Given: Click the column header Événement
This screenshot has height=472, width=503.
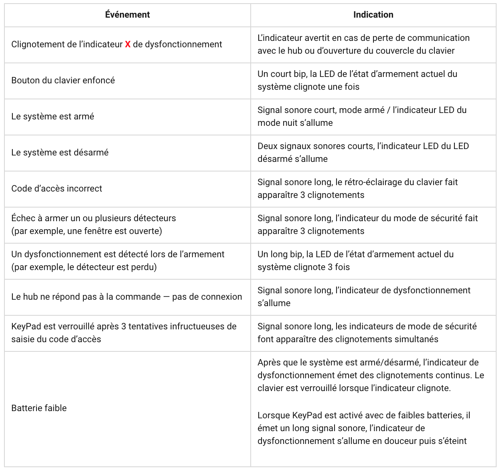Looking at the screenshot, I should [127, 15].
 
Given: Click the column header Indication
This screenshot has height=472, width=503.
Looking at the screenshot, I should [373, 15].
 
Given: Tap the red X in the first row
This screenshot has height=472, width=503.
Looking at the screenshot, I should [128, 44].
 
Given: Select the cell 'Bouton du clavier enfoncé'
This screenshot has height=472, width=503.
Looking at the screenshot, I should [63, 81].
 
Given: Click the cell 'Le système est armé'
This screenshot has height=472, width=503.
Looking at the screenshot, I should [53, 117].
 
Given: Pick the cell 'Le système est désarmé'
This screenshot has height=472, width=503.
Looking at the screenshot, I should [60, 153].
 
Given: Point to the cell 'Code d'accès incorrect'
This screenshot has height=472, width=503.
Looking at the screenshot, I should [57, 189].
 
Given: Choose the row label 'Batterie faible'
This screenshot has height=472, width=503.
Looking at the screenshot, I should [39, 408].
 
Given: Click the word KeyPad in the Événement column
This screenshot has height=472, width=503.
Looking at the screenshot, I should [26, 327].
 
